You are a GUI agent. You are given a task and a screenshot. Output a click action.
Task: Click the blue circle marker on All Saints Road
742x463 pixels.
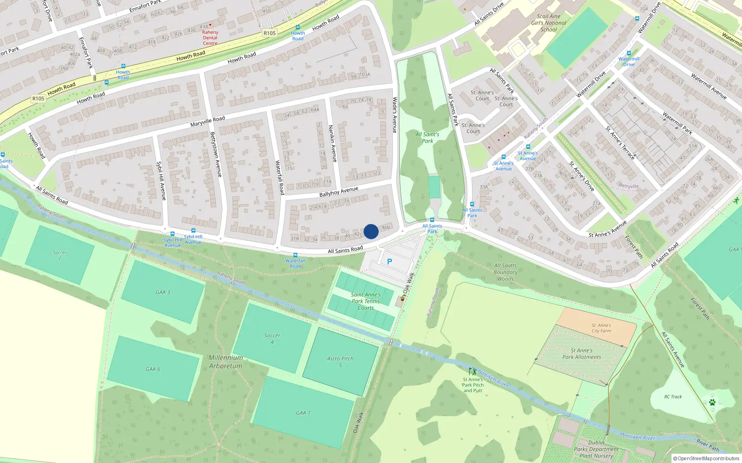pos(371,231)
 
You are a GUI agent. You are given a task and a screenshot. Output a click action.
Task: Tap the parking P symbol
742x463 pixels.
pos(390,262)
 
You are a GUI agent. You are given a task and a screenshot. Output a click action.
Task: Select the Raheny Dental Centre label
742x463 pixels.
pos(210,38)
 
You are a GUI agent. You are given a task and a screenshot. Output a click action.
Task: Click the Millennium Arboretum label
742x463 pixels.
pos(226,362)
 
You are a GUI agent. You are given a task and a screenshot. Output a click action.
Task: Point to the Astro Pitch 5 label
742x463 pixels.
pos(340,362)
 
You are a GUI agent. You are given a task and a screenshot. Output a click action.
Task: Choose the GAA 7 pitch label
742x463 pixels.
pos(303,413)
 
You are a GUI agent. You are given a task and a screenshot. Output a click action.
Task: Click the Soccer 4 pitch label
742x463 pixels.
pos(272,338)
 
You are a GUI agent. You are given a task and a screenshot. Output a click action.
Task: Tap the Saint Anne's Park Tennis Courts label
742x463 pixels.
pos(366,301)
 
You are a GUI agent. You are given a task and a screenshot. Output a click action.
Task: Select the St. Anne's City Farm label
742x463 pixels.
pos(601,328)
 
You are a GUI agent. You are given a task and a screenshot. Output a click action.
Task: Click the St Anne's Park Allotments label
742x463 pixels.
pos(582,354)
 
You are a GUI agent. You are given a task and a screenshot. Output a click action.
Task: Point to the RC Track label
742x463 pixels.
pos(673,397)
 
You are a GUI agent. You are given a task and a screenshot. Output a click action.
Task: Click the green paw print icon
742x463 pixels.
pos(712,402)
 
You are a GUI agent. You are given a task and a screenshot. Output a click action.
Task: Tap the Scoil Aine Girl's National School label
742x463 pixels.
pos(549,23)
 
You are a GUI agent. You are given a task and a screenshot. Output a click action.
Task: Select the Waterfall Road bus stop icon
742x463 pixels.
pos(295,255)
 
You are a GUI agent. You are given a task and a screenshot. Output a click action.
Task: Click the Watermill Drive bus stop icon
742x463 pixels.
pos(629,53)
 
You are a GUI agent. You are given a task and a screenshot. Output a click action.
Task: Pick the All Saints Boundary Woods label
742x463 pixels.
pos(505,272)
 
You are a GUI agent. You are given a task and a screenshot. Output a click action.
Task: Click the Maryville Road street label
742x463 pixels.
pos(207,122)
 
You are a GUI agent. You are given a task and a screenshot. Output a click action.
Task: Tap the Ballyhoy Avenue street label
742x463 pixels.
pos(339,192)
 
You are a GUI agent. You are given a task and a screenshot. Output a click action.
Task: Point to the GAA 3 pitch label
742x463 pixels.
pos(163,292)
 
